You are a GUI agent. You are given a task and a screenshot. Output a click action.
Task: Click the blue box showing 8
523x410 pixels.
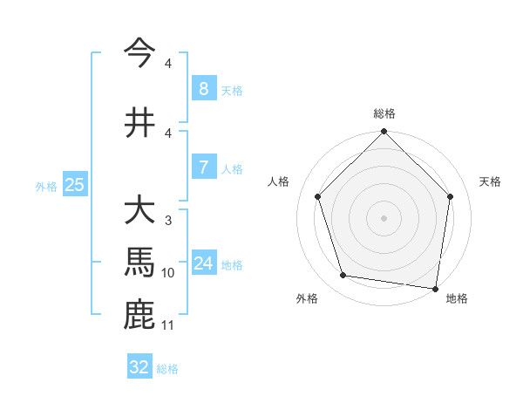203,89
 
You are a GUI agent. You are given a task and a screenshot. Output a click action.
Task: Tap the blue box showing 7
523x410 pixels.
203,167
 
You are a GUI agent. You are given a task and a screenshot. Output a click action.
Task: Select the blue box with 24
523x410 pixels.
204,263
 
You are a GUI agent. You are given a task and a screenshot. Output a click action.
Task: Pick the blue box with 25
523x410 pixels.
74,185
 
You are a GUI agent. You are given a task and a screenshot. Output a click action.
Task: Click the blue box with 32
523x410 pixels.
139,367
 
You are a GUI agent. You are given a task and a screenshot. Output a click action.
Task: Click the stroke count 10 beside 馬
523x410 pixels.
168,273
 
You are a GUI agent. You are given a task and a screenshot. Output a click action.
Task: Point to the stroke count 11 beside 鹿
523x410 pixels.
168,325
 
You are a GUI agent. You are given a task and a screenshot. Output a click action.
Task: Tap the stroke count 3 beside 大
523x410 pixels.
167,222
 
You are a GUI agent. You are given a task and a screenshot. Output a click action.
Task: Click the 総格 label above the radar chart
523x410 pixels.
384,113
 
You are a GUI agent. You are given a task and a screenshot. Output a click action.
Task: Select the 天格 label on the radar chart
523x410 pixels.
490,181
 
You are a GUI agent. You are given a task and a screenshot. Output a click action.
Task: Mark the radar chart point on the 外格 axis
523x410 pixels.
343,276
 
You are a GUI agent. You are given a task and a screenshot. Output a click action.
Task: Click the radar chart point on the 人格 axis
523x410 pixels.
317,196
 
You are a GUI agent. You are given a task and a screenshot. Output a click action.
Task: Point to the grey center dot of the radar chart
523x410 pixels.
384,217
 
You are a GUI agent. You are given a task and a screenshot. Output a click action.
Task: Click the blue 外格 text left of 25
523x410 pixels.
46,186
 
